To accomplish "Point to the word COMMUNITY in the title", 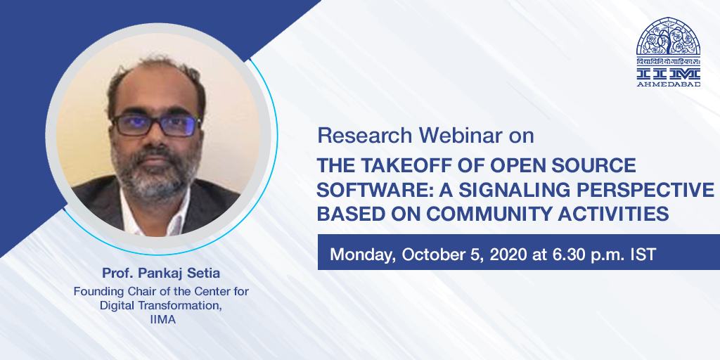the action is (x=485, y=214).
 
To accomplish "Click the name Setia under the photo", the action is (x=204, y=274).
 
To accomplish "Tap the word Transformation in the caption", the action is (x=187, y=306).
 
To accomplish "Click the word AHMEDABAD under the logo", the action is (x=668, y=84).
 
